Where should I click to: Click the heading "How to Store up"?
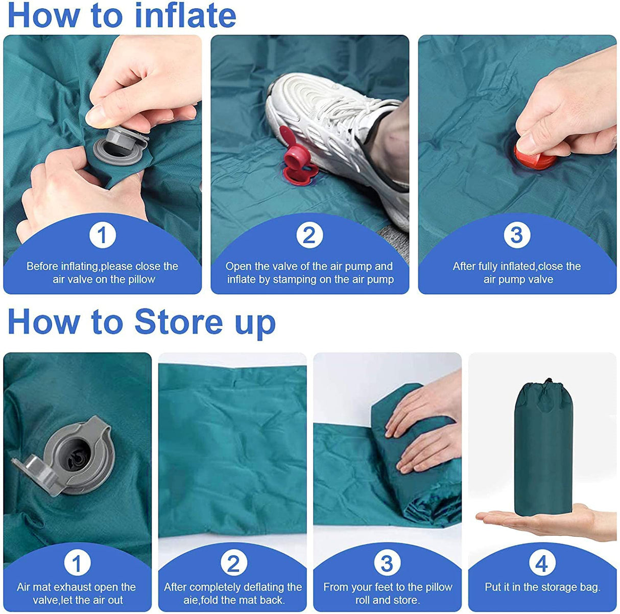click(x=141, y=322)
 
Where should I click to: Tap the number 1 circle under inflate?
click(x=102, y=235)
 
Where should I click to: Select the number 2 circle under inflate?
click(x=309, y=235)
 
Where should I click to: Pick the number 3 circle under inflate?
click(x=517, y=235)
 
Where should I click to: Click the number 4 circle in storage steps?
click(x=542, y=563)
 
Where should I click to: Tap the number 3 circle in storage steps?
click(x=387, y=563)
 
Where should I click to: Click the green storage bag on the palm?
click(x=543, y=450)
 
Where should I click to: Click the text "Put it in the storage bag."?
click(x=542, y=587)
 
